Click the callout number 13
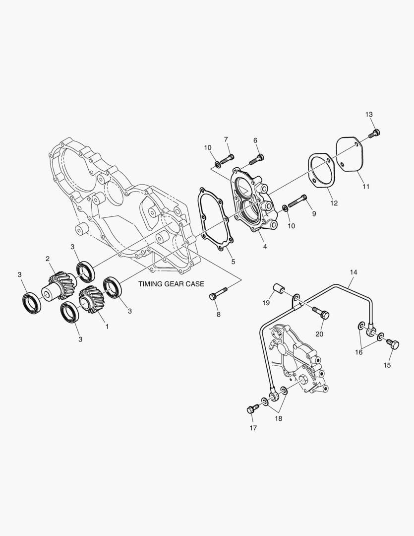tap(369, 115)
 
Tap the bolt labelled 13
tap(375, 134)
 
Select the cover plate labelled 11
tap(351, 154)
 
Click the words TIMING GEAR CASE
tap(171, 284)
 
